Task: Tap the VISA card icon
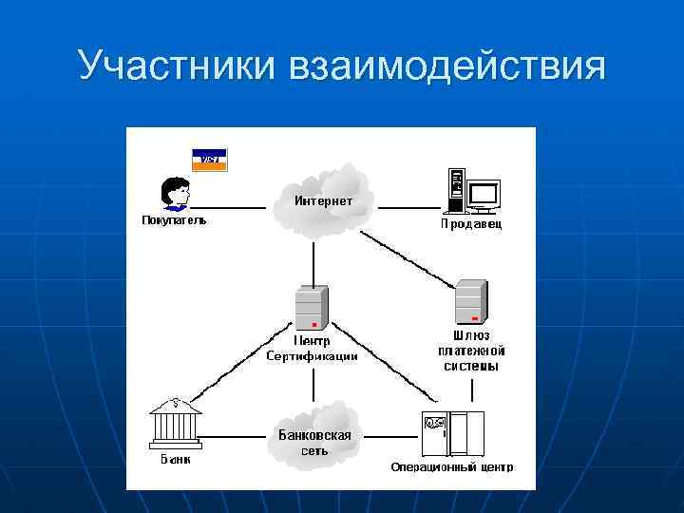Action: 209,159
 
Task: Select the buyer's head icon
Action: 175,192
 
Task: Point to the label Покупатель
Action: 174,220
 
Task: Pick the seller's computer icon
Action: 472,191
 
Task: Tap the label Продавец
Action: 470,224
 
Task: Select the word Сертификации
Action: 312,356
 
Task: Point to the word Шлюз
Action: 471,335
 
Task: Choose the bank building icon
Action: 175,422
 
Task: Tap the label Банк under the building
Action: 174,459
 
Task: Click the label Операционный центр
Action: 452,466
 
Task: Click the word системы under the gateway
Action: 471,366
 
